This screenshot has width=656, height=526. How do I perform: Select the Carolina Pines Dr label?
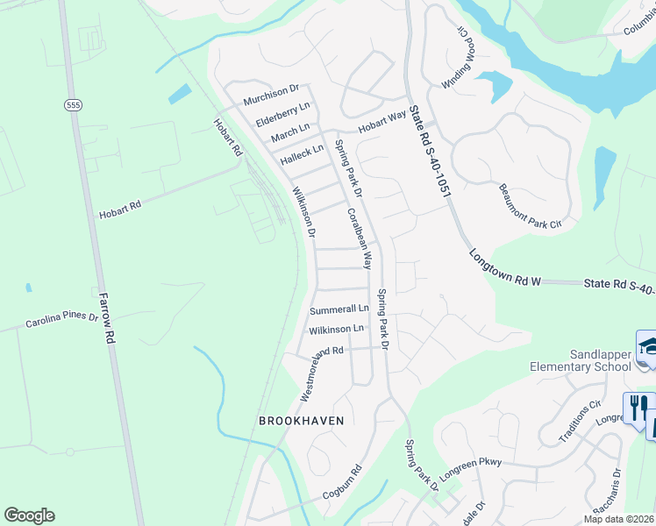point(61,319)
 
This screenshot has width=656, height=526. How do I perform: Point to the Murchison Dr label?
point(271,89)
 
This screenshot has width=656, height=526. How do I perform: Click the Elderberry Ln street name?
point(282,114)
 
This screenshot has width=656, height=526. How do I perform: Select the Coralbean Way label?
point(360,238)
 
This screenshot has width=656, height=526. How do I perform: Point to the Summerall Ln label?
point(339,309)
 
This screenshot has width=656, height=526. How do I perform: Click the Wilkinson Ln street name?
point(336,330)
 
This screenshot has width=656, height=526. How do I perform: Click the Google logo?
point(29,515)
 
